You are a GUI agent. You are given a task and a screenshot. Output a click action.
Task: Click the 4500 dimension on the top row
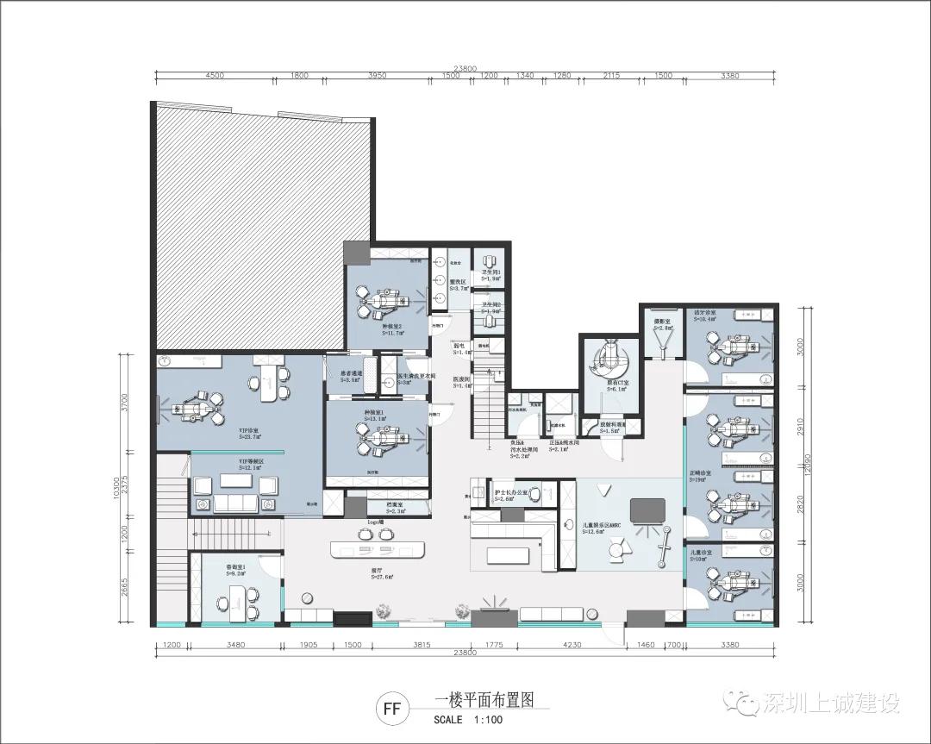[215, 76]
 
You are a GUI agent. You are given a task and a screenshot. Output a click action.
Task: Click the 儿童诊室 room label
[701, 553]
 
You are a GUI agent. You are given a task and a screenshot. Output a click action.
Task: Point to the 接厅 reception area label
[377, 572]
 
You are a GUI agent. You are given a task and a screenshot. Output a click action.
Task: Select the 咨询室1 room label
[235, 568]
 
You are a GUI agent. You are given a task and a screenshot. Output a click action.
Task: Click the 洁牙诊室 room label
[705, 313]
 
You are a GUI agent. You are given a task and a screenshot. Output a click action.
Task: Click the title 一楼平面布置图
[490, 701]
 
